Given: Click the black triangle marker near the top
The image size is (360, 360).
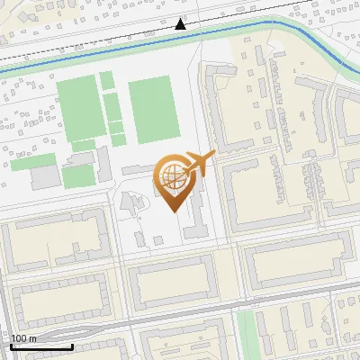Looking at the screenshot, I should point(181,25).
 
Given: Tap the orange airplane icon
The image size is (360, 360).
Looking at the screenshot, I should point(200,164).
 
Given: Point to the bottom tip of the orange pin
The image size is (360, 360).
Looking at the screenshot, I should point(173,211).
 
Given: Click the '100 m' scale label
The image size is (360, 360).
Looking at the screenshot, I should point(23,338).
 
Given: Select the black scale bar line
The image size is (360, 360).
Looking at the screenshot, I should point(41,346).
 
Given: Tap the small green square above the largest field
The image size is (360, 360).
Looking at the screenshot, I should point(107,81).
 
